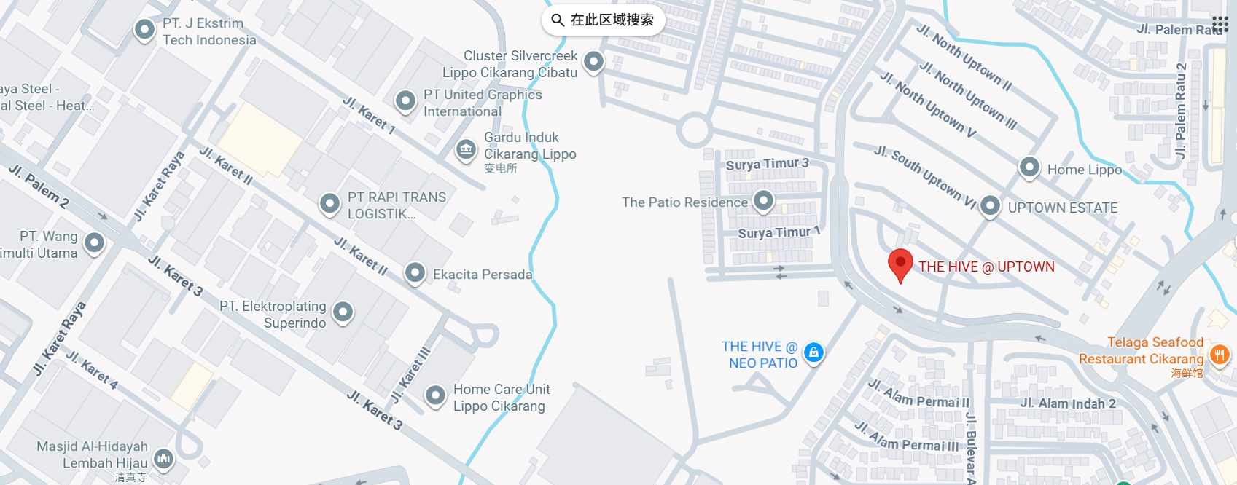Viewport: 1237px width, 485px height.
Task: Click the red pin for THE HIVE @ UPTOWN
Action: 900,264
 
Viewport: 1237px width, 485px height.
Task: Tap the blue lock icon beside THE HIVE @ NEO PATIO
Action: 813,353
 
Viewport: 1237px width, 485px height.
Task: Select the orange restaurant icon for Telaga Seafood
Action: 1219,355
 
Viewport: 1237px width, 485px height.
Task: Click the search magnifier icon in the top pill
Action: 558,20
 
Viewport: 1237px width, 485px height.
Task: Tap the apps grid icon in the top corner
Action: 1220,24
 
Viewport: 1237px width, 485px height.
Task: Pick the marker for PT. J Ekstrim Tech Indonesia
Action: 144,29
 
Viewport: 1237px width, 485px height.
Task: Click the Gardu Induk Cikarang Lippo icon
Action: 466,150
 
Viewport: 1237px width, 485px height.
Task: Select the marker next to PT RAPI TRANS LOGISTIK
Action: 329,203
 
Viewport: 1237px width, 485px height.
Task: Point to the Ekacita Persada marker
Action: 415,273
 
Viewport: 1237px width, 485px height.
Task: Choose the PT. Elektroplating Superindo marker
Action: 343,312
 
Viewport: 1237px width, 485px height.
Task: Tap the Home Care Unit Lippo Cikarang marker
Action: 435,395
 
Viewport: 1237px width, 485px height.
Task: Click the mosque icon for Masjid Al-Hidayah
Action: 164,459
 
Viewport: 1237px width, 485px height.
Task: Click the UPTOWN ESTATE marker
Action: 990,206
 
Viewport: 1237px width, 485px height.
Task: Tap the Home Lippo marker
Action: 1029,167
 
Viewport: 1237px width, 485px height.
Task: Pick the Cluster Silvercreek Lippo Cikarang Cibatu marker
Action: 594,61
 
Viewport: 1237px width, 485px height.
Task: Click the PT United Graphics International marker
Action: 405,100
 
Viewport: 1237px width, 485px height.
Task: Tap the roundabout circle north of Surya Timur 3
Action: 694,130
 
